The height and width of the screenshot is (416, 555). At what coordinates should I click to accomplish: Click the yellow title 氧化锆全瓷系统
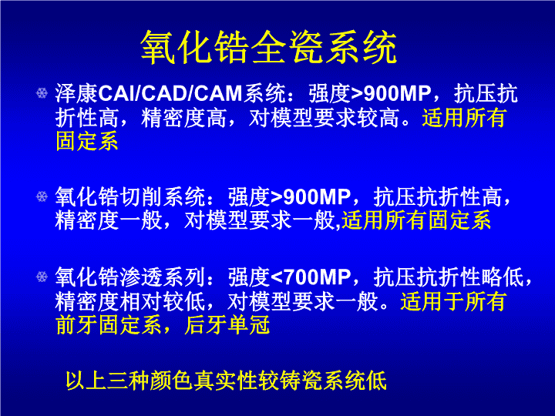click(x=269, y=47)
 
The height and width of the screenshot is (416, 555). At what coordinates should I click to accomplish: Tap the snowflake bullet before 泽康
click(x=42, y=93)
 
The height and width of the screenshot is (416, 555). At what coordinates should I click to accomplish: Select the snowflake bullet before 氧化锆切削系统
click(x=42, y=196)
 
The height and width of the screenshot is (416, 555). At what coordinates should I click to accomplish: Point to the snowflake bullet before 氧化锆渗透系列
click(x=42, y=277)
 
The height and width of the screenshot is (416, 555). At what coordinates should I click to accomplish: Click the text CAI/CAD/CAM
click(x=170, y=94)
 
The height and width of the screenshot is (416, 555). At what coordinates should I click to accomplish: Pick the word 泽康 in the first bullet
click(x=76, y=94)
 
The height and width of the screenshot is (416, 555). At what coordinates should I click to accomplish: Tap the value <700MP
click(x=311, y=277)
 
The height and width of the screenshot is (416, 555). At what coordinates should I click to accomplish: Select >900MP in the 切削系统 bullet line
click(x=311, y=197)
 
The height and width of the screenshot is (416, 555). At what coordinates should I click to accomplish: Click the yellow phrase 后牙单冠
click(x=227, y=325)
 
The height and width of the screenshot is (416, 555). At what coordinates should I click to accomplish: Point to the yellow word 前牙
click(x=77, y=325)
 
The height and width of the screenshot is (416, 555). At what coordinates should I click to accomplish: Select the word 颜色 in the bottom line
click(x=172, y=381)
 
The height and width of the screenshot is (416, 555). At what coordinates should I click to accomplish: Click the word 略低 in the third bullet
click(x=502, y=277)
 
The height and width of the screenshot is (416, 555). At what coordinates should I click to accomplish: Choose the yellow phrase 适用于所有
click(x=453, y=301)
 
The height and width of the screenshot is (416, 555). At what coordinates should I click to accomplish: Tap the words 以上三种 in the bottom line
click(x=108, y=381)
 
